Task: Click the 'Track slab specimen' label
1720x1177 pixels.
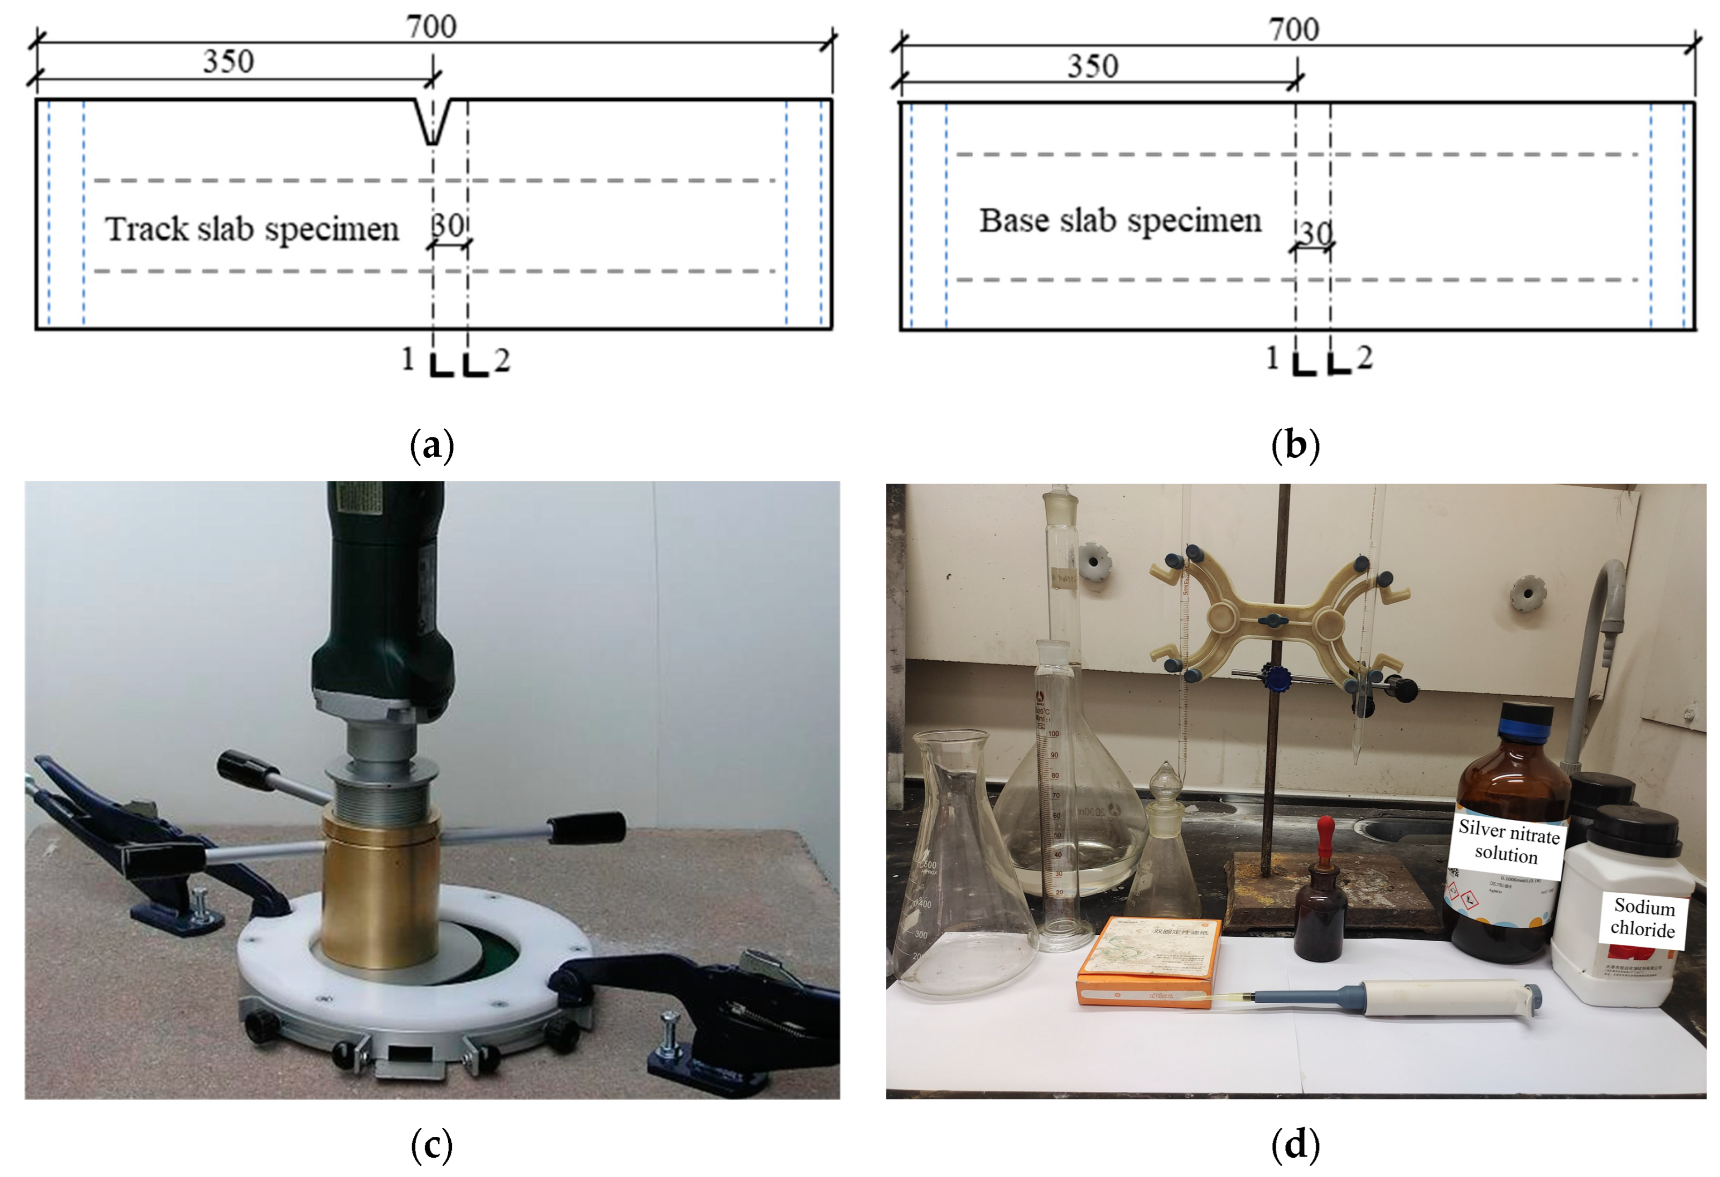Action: [x=251, y=229]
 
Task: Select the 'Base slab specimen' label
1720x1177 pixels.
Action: [x=1120, y=221]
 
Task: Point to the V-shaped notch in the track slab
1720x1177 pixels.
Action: [x=433, y=122]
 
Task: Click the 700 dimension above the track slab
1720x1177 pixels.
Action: [x=431, y=27]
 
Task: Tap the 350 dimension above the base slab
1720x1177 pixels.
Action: [x=1092, y=66]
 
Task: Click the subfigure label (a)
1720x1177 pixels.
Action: [x=431, y=445]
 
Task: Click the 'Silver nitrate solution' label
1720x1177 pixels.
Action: [x=1508, y=843]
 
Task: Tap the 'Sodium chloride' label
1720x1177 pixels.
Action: [x=1643, y=918]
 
